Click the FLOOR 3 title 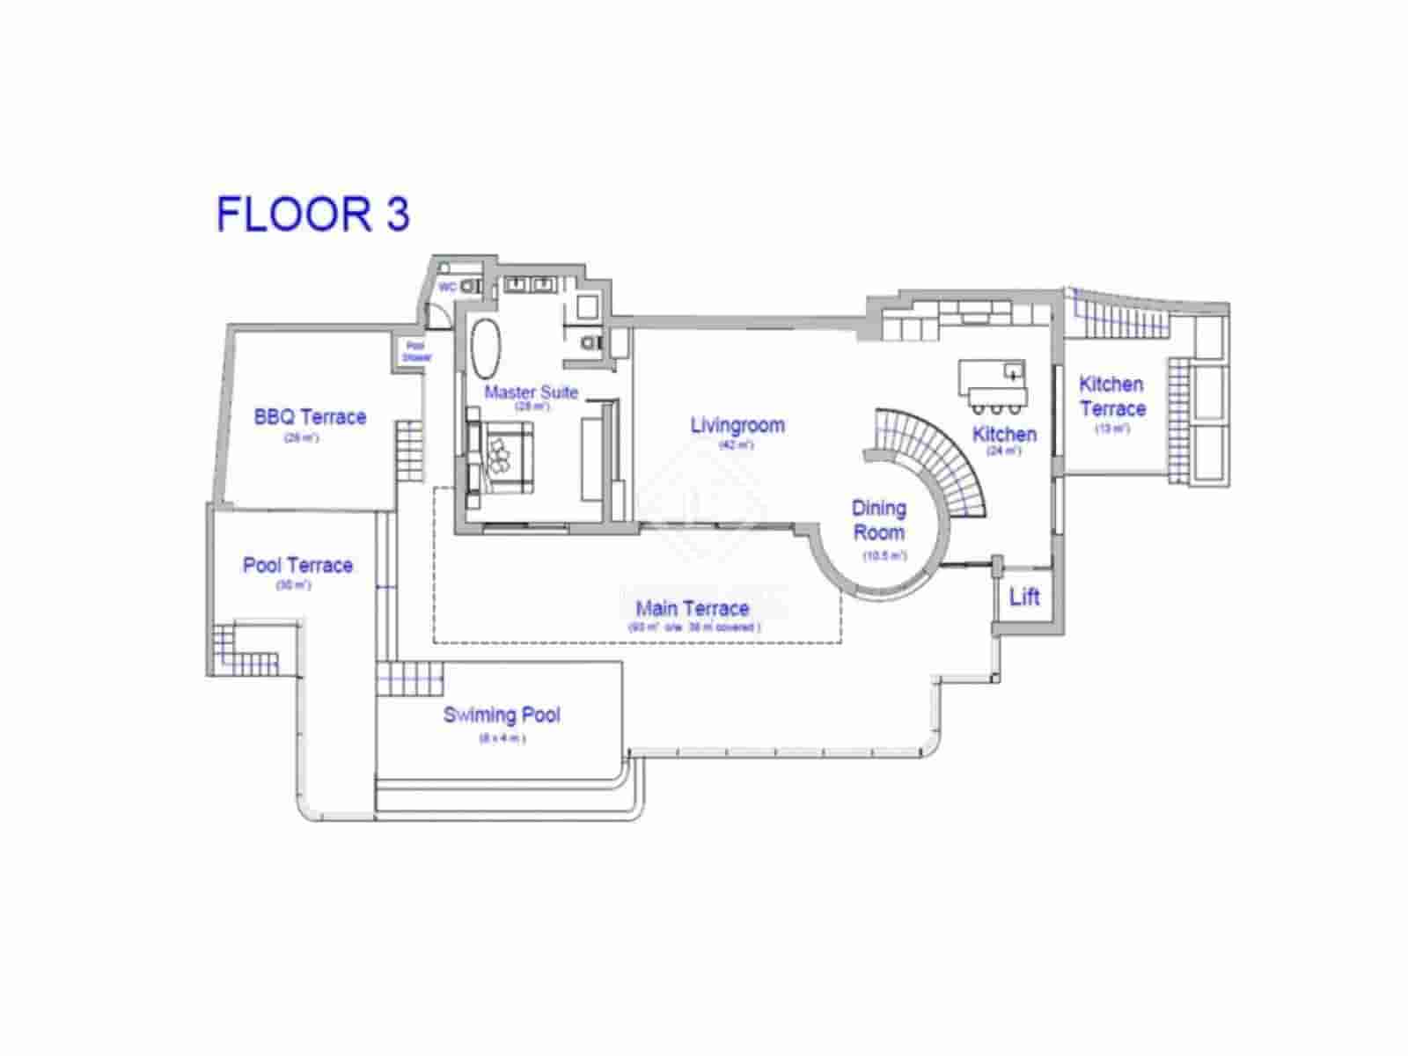(x=313, y=215)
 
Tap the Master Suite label (x=532, y=392)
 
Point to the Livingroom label (x=737, y=425)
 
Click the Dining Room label (x=879, y=520)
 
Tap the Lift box (x=1024, y=598)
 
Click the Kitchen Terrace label (x=1112, y=396)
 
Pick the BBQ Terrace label (x=310, y=417)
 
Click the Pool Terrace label (x=297, y=565)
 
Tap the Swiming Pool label (x=502, y=715)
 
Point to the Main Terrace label (x=693, y=608)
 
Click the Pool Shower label (x=415, y=352)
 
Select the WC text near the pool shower (x=447, y=287)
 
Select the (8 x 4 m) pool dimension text (x=502, y=738)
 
